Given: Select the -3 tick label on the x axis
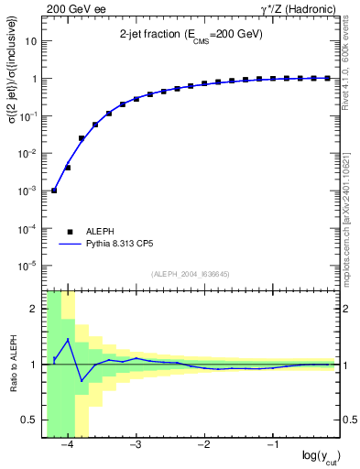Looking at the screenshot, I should click(135, 445).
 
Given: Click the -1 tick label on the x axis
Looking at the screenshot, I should click(272, 445).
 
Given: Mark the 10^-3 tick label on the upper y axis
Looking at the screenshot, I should click(30, 191).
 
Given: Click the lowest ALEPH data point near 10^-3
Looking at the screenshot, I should click(54, 191).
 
